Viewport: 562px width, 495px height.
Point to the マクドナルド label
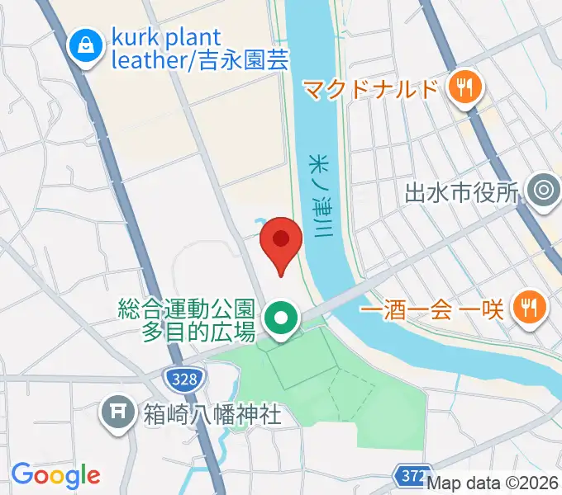coord(369,87)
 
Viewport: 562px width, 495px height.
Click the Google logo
coord(55,475)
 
